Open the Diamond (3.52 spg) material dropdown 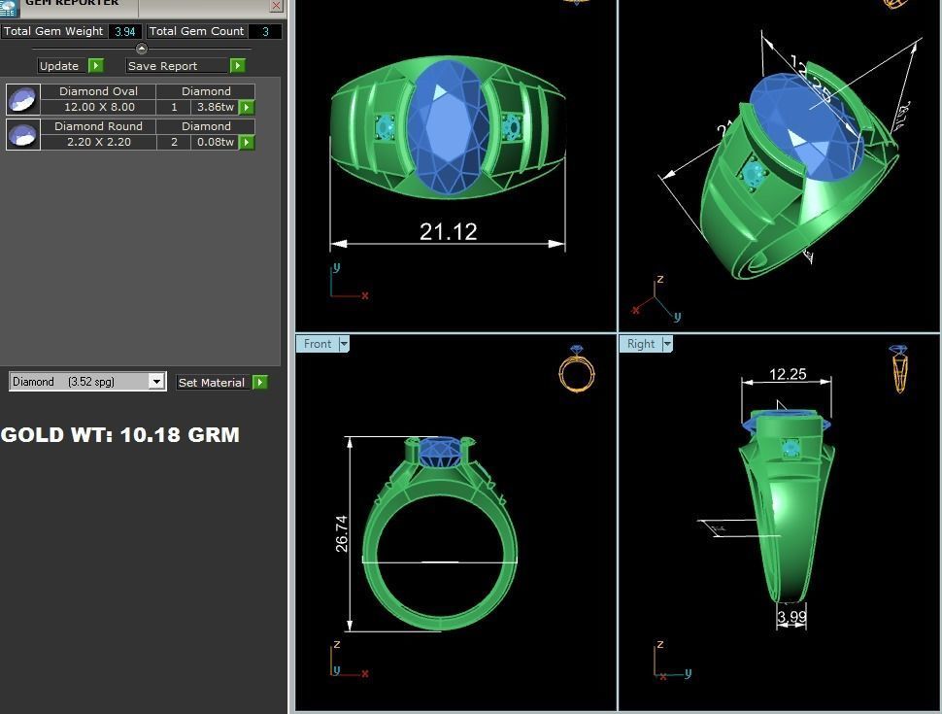156,382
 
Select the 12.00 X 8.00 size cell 98,107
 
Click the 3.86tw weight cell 215,107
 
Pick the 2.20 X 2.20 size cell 98,142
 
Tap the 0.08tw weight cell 215,142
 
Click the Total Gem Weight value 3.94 125,31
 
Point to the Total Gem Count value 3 265,31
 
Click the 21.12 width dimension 448,231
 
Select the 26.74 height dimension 342,533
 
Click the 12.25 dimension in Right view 788,374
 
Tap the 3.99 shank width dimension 791,616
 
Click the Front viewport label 318,344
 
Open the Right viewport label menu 667,344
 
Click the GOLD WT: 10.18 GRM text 120,435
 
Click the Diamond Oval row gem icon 22,99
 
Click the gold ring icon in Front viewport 577,369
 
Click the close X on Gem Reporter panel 276,5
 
